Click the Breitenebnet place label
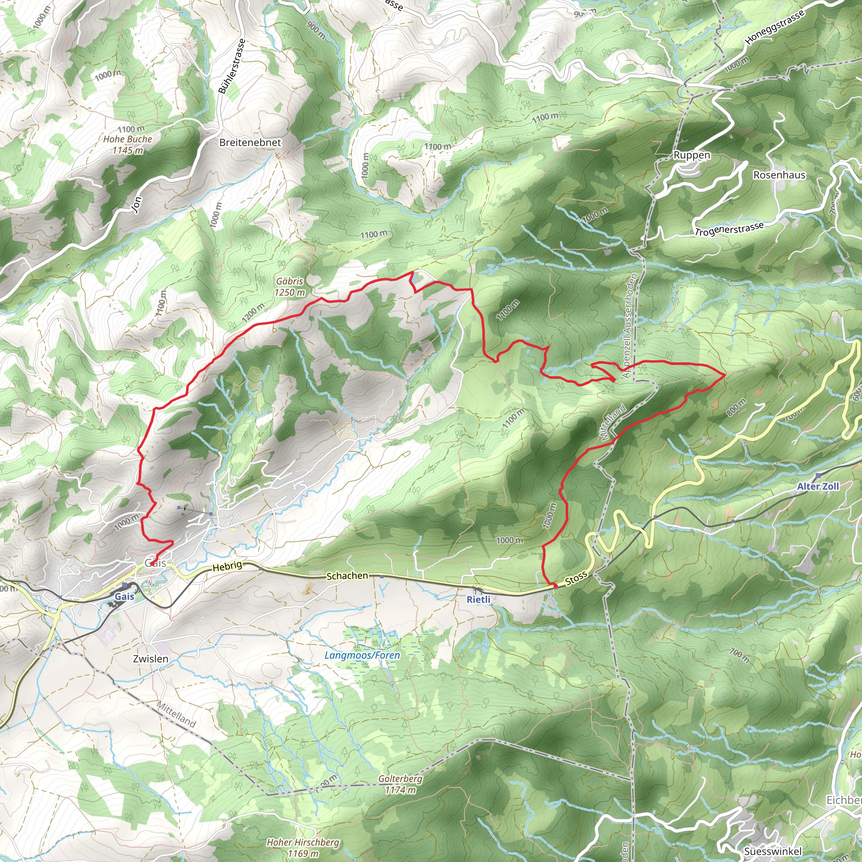click(x=250, y=143)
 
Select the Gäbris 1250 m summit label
click(x=290, y=287)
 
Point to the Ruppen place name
click(x=692, y=155)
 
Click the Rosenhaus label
click(x=780, y=175)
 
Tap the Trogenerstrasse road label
click(x=729, y=229)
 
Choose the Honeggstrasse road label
click(x=775, y=27)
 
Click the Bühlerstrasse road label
click(x=232, y=66)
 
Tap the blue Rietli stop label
click(x=478, y=600)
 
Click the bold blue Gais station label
click(x=124, y=596)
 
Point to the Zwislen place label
click(x=151, y=659)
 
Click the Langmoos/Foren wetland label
click(x=362, y=655)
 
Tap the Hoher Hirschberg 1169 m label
click(x=303, y=847)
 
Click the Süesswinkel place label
click(x=773, y=852)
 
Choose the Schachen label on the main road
click(x=347, y=576)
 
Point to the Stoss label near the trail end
click(x=576, y=579)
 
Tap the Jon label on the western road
click(x=137, y=205)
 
